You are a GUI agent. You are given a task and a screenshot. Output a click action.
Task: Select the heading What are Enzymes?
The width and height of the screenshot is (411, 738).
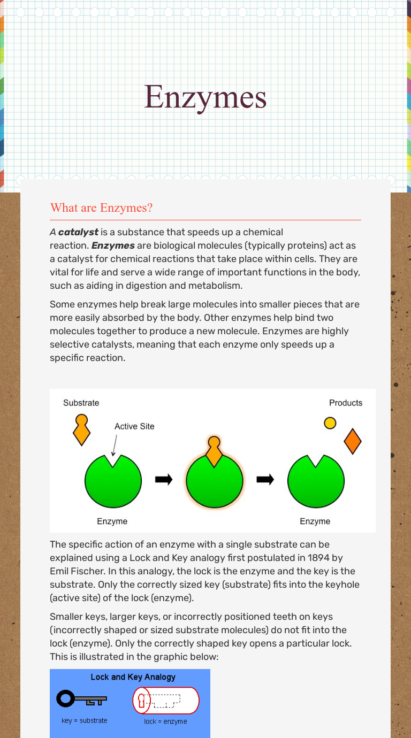click(101, 207)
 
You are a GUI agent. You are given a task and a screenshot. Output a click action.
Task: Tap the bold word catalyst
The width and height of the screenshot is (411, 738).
click(78, 232)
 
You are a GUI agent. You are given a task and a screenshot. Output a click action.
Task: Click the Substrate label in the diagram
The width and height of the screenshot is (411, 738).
click(81, 403)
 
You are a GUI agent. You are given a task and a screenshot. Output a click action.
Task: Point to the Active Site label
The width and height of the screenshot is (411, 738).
click(134, 426)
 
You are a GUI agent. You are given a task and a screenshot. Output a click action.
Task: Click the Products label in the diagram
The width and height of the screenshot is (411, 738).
click(345, 403)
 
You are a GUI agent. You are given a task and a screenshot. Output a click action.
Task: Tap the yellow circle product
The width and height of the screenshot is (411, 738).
click(330, 423)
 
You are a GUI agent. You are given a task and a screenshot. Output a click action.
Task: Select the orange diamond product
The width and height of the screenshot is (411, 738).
click(353, 442)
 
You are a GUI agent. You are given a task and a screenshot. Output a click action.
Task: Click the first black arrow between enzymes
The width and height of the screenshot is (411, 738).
click(164, 480)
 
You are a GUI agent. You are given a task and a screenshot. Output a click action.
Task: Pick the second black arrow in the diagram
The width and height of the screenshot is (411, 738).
click(265, 480)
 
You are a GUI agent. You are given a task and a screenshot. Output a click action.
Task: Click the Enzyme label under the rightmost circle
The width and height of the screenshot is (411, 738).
click(315, 521)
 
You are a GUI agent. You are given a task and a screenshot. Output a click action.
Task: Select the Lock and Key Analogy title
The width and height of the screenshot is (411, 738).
click(133, 677)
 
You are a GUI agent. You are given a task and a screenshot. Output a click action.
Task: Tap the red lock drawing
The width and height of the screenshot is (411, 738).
click(166, 701)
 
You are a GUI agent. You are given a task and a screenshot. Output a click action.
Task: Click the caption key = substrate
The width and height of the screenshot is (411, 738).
click(84, 720)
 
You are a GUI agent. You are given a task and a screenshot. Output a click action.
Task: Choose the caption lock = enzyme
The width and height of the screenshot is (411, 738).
click(165, 721)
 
